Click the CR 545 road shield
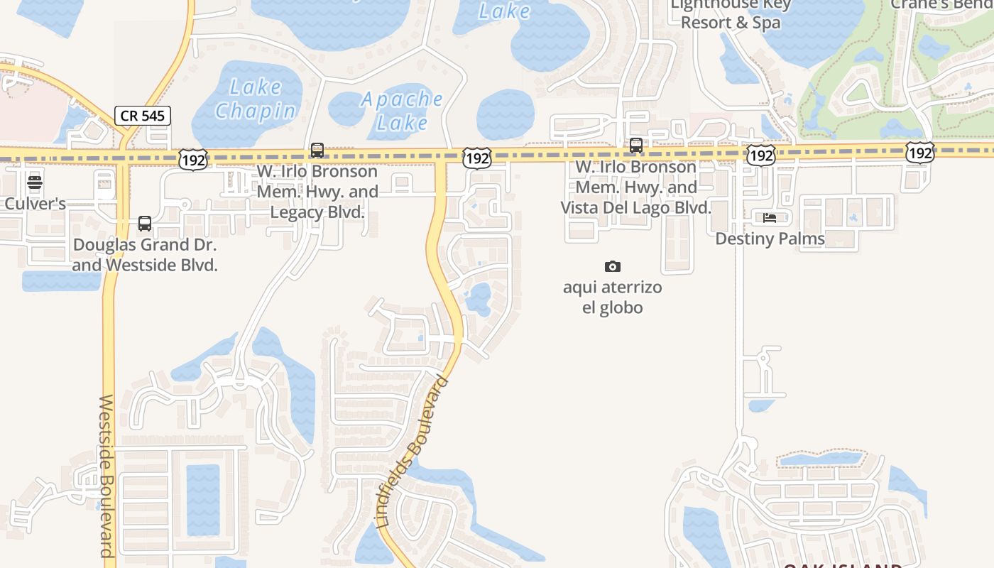tap(143, 116)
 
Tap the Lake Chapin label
tap(256, 99)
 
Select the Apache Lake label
tap(403, 111)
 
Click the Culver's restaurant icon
tap(35, 182)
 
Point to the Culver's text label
tap(35, 204)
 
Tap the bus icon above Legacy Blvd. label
tap(317, 151)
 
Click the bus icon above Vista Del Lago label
tap(636, 146)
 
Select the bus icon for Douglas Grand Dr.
tap(145, 224)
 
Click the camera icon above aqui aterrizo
tap(612, 266)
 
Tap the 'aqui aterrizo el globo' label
tap(612, 297)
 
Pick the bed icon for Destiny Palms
tap(770, 218)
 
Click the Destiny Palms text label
tap(770, 239)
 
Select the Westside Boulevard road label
tap(106, 476)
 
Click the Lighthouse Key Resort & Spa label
tap(731, 13)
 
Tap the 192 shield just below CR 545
tap(193, 160)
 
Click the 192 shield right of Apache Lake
tap(476, 158)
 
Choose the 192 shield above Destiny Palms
tap(760, 155)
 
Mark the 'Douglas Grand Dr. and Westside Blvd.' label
tap(145, 255)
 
